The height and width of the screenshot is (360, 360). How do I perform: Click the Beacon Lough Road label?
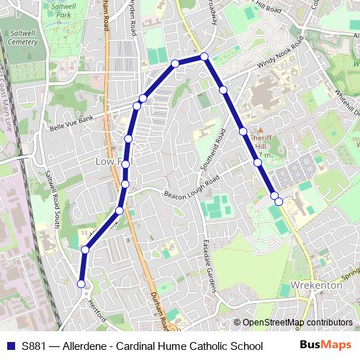click(190, 189)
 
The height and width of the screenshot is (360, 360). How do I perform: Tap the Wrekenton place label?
click(318, 285)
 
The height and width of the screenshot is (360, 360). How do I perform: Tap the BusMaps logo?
click(326, 346)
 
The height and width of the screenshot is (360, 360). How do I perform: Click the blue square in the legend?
click(9, 346)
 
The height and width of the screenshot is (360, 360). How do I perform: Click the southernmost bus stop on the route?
click(81, 284)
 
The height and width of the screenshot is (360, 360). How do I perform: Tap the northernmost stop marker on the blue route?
click(204, 56)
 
